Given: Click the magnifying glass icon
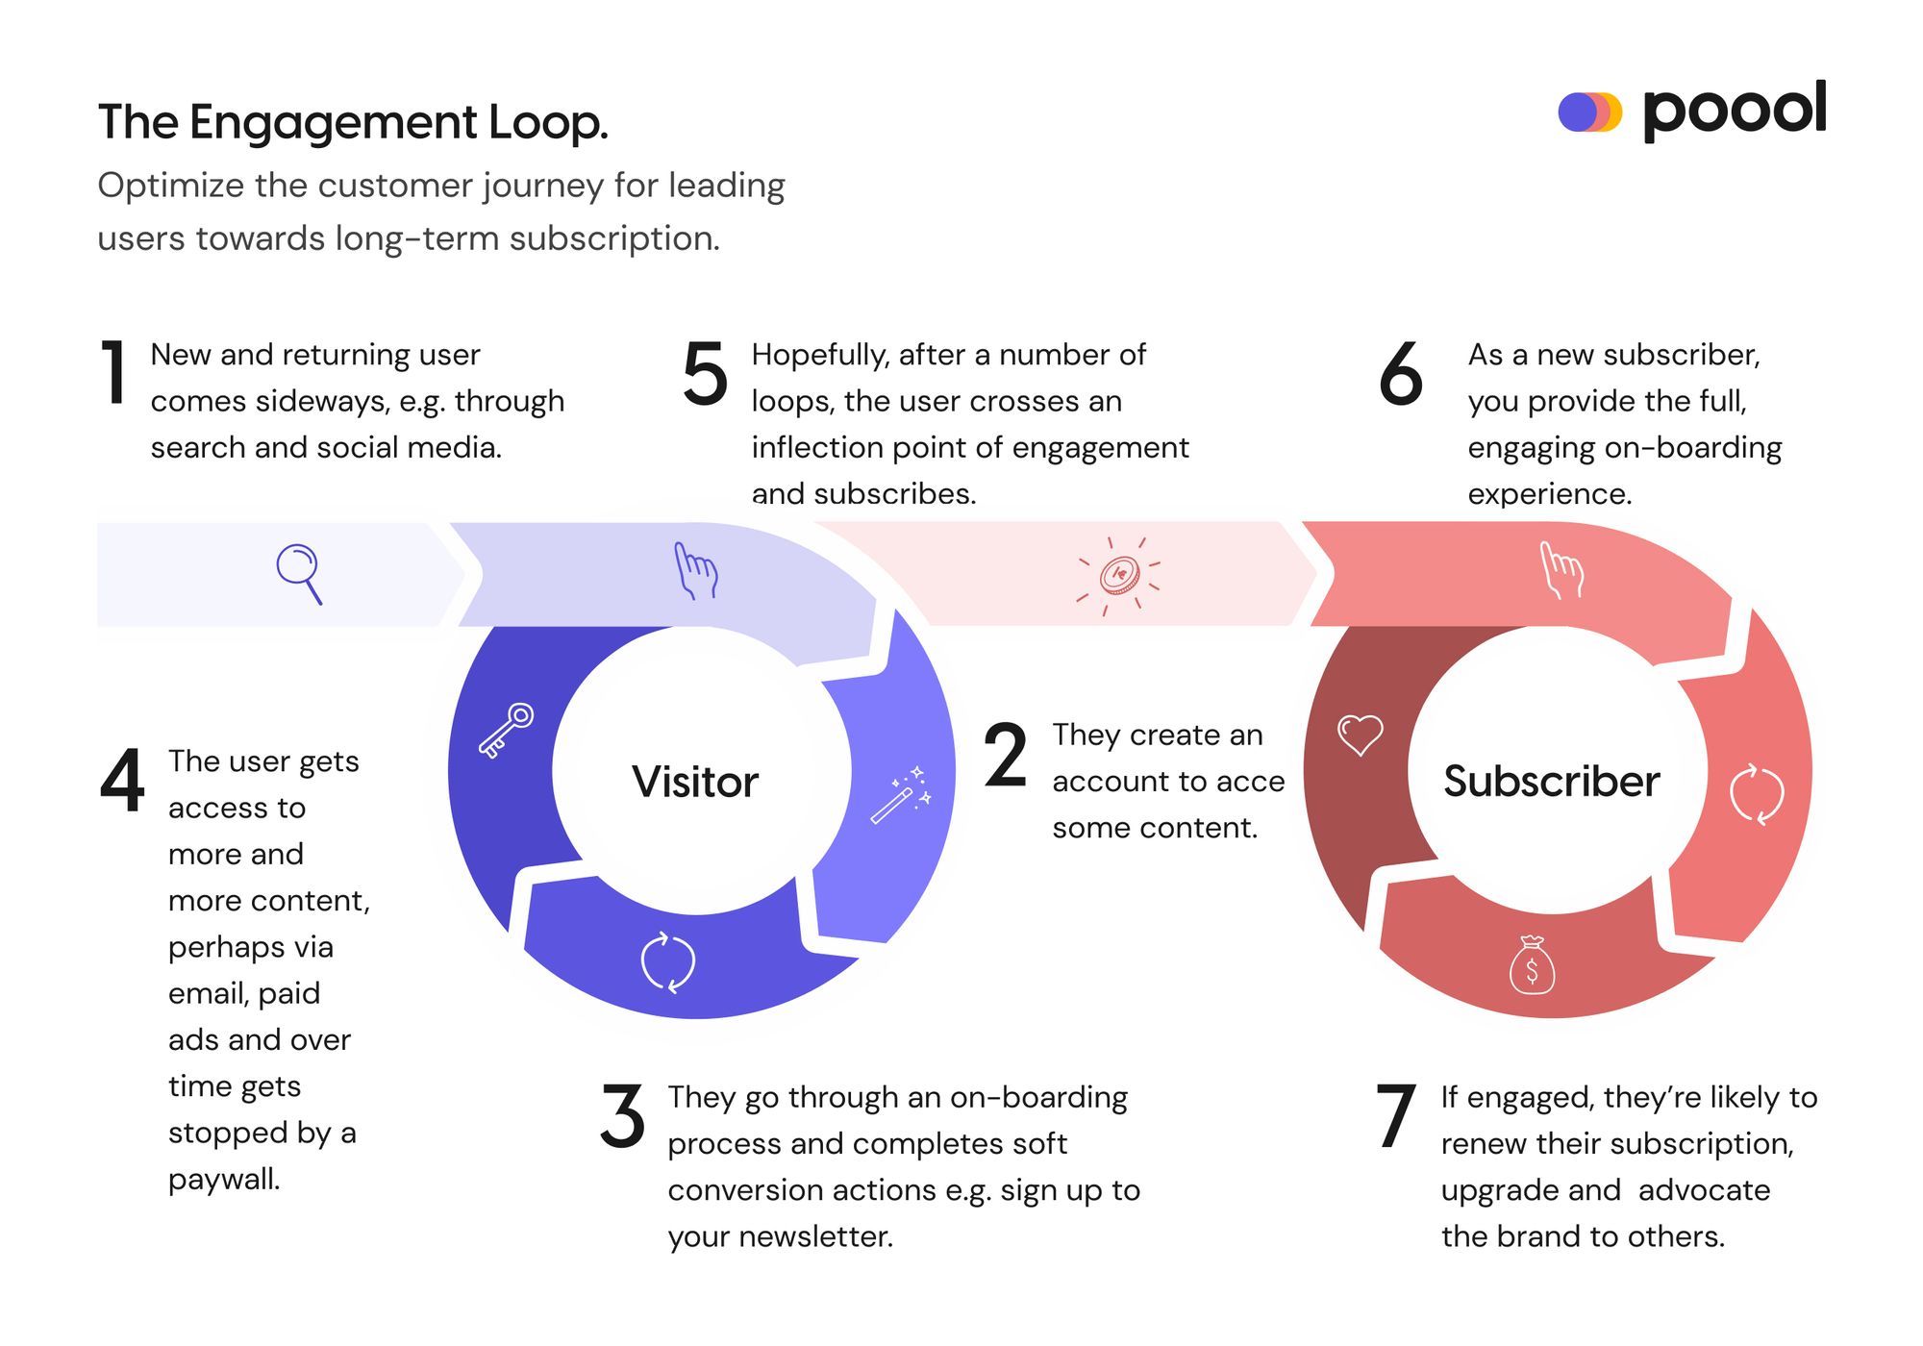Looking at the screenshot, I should click(298, 573).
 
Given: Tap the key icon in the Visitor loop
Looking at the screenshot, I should click(506, 731).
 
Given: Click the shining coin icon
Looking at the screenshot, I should click(1119, 576).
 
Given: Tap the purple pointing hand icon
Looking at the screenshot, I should click(695, 571).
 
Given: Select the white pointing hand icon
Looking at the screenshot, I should click(1561, 570).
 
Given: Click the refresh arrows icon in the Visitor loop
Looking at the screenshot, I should click(668, 961).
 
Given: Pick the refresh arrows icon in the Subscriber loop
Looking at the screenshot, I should click(1757, 794).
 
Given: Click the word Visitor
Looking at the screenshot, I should click(695, 782).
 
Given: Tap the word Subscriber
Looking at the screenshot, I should click(1551, 781).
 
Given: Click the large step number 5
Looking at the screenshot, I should click(705, 374).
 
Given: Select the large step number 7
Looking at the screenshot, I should click(1395, 1116).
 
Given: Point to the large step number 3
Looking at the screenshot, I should click(622, 1116).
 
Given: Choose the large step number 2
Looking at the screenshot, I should click(1006, 756).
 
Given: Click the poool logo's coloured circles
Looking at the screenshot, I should click(1589, 112).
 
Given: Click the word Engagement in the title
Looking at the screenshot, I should click(334, 123).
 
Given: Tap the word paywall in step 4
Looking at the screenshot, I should click(223, 1179).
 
